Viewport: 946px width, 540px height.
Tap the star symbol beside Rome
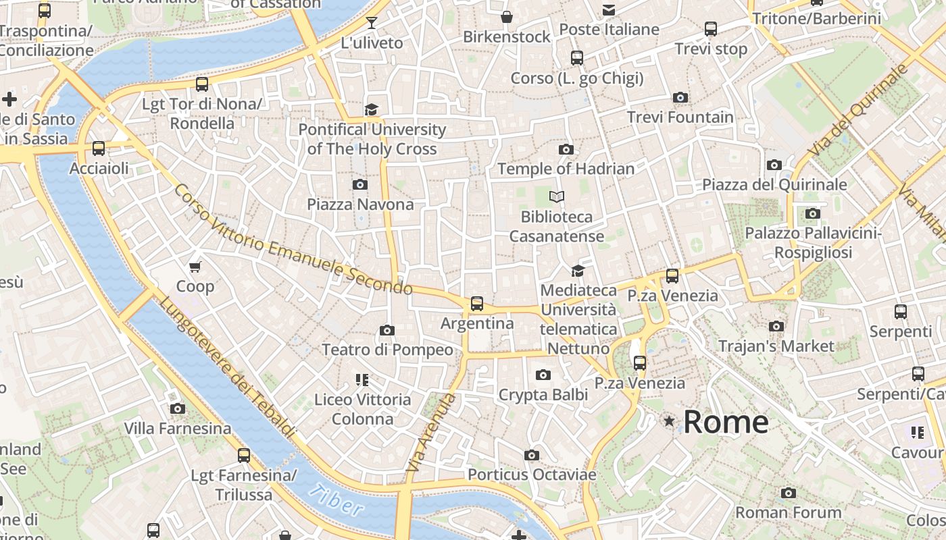(669, 421)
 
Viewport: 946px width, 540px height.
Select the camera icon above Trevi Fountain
(680, 98)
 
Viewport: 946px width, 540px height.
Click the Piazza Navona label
(360, 204)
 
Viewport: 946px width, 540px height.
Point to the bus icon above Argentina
(477, 304)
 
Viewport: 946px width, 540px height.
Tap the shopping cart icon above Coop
(195, 267)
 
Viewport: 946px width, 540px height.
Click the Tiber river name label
(336, 500)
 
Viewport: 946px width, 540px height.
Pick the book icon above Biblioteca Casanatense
(557, 196)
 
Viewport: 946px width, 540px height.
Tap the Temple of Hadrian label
(566, 169)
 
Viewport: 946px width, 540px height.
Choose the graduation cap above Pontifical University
(371, 109)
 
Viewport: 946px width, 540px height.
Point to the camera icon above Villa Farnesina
(178, 408)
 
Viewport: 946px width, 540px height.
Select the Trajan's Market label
(776, 346)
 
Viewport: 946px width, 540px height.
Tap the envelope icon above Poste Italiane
(609, 9)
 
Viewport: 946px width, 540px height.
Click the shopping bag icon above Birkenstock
(507, 17)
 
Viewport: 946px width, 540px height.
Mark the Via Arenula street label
(432, 432)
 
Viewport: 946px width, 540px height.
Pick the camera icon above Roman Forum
(788, 493)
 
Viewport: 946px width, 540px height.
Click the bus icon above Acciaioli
(99, 148)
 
